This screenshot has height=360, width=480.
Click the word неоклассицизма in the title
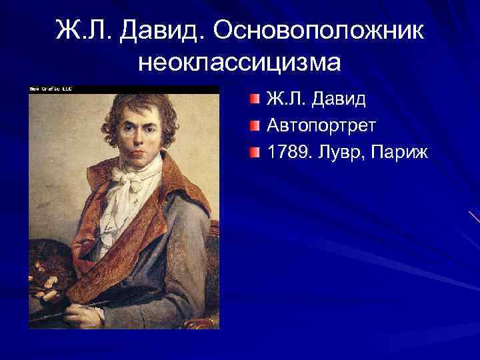click(239, 63)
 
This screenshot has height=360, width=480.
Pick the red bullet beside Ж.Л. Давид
click(256, 101)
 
